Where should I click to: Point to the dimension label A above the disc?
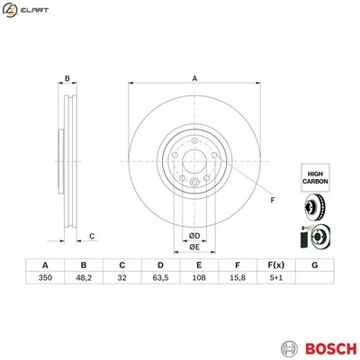pos(193,79)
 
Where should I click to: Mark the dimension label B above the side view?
pos(67,79)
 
